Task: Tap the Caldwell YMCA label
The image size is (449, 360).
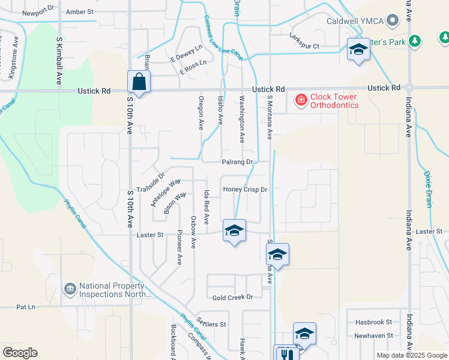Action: pyautogui.click(x=354, y=20)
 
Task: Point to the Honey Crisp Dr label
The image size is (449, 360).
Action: pyautogui.click(x=244, y=190)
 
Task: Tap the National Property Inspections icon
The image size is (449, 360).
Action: pyautogui.click(x=70, y=290)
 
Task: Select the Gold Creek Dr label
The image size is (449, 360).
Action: pyautogui.click(x=233, y=297)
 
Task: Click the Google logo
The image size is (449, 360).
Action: pyautogui.click(x=20, y=353)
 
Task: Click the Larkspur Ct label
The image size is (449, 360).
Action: pyautogui.click(x=304, y=46)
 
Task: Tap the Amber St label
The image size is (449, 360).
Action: pyautogui.click(x=80, y=11)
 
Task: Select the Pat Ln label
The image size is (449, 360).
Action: pyautogui.click(x=26, y=307)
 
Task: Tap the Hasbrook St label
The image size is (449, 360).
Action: pyautogui.click(x=373, y=322)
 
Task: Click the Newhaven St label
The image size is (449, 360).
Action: pyautogui.click(x=373, y=335)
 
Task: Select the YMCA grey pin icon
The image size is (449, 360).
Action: pyautogui.click(x=393, y=20)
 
